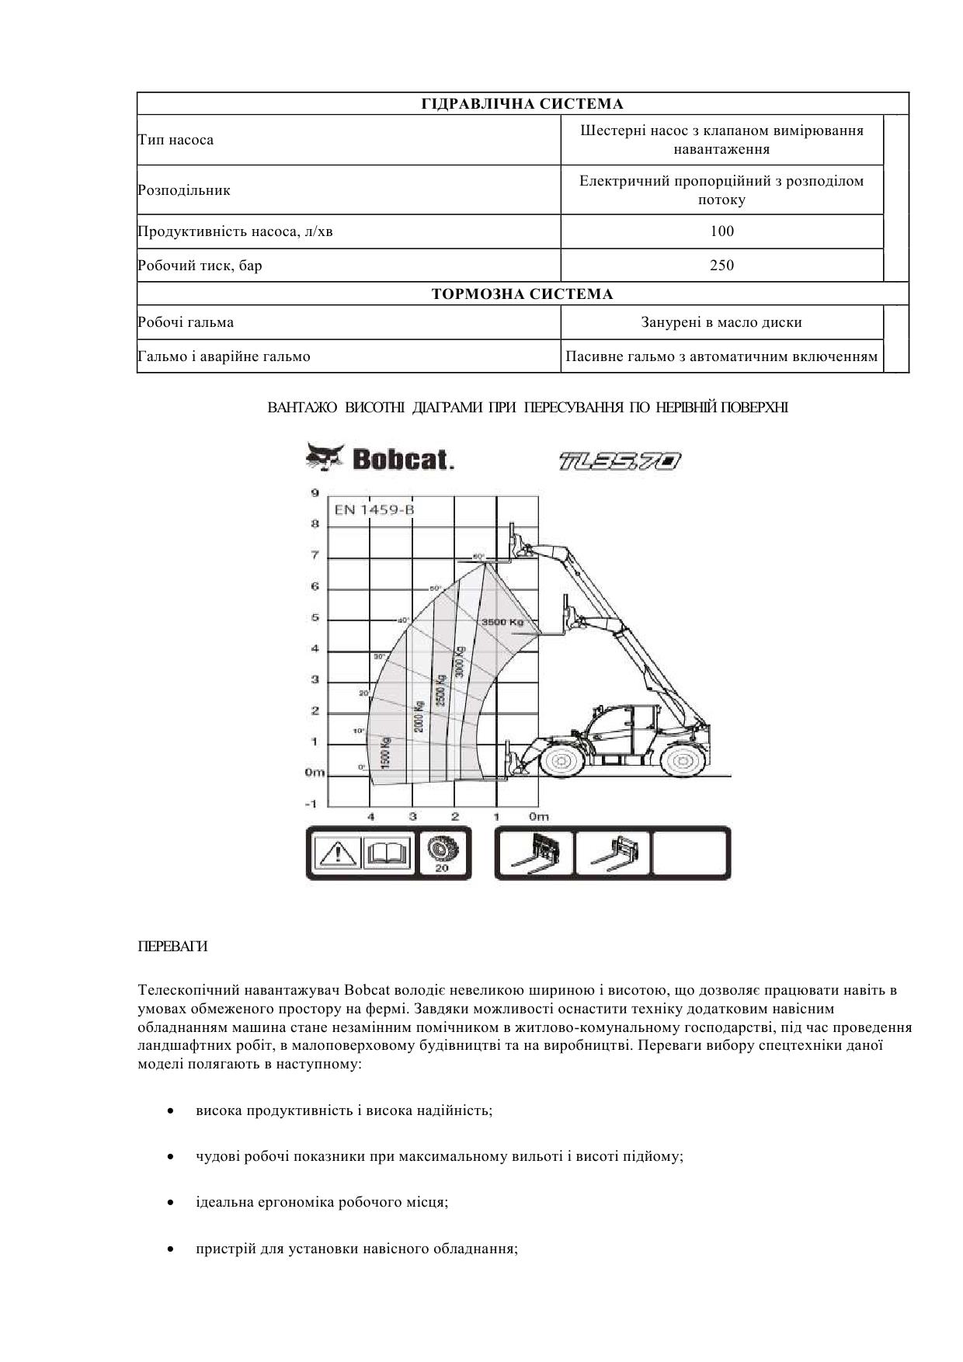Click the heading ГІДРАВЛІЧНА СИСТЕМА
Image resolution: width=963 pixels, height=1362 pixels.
click(522, 104)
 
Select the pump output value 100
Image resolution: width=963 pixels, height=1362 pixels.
click(721, 231)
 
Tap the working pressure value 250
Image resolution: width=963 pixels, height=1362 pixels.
click(721, 266)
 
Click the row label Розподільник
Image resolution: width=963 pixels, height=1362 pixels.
click(184, 190)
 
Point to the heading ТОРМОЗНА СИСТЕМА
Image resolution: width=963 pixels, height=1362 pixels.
click(522, 294)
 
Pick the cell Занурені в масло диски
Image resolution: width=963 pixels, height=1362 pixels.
click(721, 322)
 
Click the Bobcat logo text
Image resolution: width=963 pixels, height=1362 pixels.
click(402, 460)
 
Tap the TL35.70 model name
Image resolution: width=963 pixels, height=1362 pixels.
click(620, 461)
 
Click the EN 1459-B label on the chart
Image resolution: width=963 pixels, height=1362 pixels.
click(374, 510)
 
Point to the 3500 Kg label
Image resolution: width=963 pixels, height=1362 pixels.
click(502, 622)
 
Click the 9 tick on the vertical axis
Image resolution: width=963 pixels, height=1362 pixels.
click(315, 492)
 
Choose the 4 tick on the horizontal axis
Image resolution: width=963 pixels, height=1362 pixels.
click(371, 816)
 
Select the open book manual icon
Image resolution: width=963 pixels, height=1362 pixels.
click(388, 853)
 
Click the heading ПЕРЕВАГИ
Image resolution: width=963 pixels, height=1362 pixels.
click(172, 947)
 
